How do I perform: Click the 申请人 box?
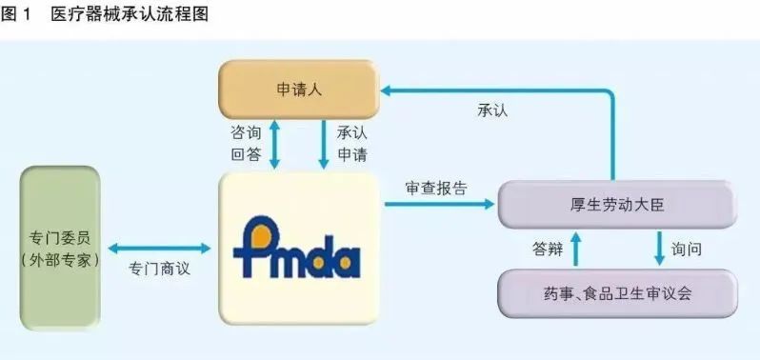click(x=297, y=90)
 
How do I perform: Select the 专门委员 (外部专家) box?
click(x=60, y=248)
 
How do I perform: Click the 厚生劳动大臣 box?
click(x=617, y=203)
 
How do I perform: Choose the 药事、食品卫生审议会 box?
click(x=617, y=293)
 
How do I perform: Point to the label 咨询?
click(x=246, y=131)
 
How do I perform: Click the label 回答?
click(x=246, y=154)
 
